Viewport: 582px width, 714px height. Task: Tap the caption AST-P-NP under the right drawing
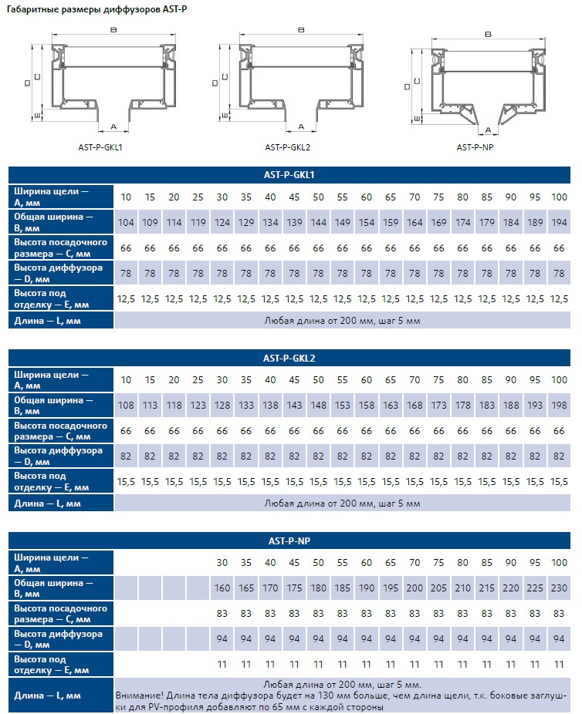pyautogui.click(x=475, y=147)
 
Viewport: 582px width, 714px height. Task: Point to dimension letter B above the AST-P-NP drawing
pyautogui.click(x=488, y=35)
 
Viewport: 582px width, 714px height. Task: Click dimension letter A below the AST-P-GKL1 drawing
pyautogui.click(x=113, y=125)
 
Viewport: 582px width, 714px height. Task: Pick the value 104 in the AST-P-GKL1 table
pyautogui.click(x=126, y=223)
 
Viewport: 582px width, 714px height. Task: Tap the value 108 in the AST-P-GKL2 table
pyautogui.click(x=126, y=406)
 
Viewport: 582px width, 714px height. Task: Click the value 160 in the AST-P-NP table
pyautogui.click(x=222, y=588)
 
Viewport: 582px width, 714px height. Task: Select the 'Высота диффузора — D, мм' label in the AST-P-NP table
pyautogui.click(x=58, y=638)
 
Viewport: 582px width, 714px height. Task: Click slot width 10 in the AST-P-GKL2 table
pyautogui.click(x=126, y=379)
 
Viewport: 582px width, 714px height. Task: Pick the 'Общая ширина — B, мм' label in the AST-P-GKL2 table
pyautogui.click(x=53, y=406)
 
